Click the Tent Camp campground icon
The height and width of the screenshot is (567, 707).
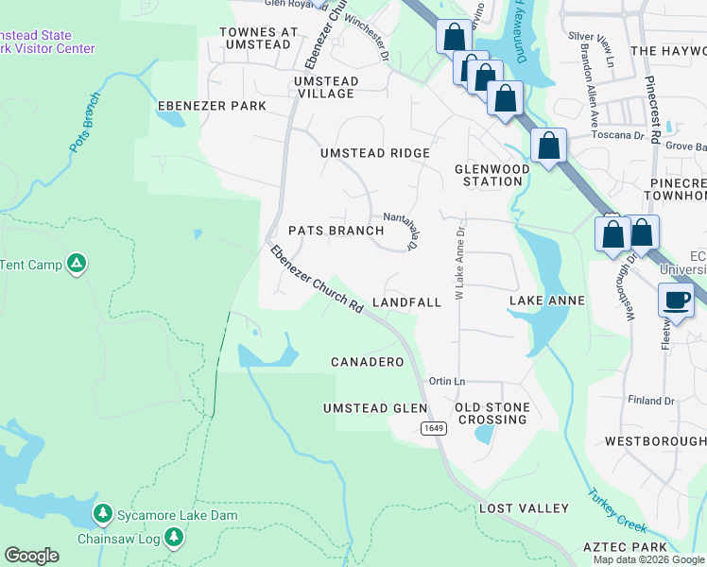78,264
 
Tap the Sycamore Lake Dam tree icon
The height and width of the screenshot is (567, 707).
102,514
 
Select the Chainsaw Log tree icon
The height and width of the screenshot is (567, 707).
173,538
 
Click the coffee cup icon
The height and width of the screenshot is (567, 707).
676,301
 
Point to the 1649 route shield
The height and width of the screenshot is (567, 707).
434,429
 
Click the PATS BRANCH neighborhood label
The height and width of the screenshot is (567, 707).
336,231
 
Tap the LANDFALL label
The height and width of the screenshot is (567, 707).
406,302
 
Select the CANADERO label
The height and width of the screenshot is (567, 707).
368,362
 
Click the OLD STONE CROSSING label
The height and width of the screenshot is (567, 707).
491,413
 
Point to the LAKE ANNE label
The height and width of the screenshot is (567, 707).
547,301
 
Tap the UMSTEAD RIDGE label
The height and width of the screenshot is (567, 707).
374,153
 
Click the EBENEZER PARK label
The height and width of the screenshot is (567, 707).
213,106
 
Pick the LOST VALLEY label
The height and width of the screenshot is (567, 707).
524,508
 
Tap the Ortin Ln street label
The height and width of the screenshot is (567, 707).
447,381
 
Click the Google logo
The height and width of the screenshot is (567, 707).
31,556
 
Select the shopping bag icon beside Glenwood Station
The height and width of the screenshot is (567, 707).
548,146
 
